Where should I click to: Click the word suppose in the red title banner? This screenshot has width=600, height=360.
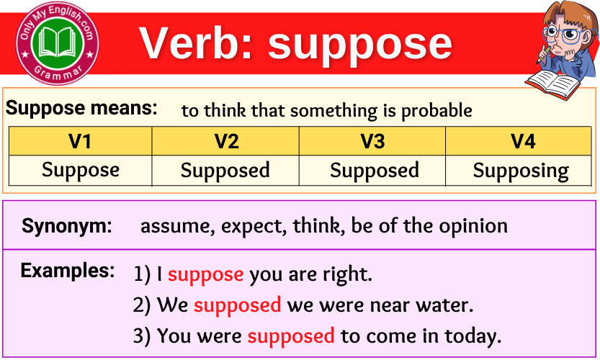click(x=360, y=44)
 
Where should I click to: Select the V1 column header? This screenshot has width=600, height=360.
click(x=80, y=141)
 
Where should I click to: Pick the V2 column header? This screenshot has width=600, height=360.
click(x=226, y=141)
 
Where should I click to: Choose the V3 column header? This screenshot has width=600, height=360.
click(x=372, y=141)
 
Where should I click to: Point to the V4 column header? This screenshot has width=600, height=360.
click(x=522, y=141)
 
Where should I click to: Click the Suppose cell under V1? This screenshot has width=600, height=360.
click(x=80, y=171)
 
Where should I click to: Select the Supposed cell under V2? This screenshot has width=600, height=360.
click(x=225, y=171)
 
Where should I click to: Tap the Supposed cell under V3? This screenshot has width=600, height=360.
click(x=374, y=171)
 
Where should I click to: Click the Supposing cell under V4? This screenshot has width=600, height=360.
click(x=521, y=171)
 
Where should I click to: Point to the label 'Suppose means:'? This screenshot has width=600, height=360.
click(x=81, y=109)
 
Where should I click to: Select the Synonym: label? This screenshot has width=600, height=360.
click(x=67, y=226)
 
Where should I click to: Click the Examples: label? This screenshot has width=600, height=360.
click(x=68, y=271)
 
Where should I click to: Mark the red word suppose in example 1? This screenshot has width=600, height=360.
click(x=205, y=274)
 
